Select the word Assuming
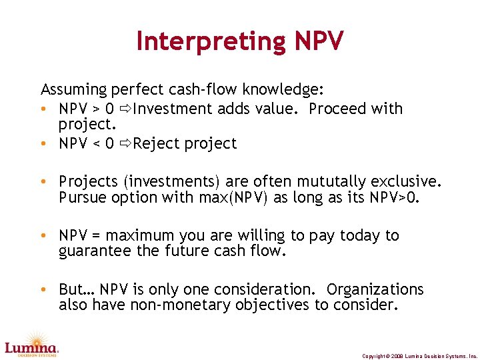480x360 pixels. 75,89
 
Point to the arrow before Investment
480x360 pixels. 125,109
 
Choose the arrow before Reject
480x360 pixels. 125,143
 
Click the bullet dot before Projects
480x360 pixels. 43,182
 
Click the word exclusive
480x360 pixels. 404,181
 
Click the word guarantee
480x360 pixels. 91,251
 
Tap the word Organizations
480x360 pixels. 375,289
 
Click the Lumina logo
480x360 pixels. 31,343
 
